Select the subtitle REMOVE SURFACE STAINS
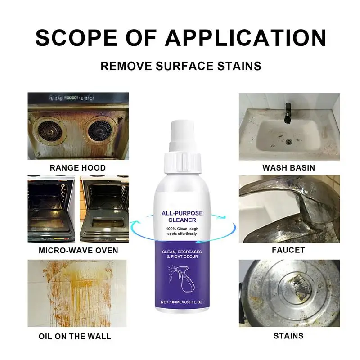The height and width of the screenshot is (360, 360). (180, 66)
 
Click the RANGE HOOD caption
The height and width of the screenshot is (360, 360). (78, 168)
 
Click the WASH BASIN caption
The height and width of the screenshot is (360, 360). (289, 168)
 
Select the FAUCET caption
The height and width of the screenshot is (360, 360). (289, 250)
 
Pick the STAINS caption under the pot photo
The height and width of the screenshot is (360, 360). (289, 336)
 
